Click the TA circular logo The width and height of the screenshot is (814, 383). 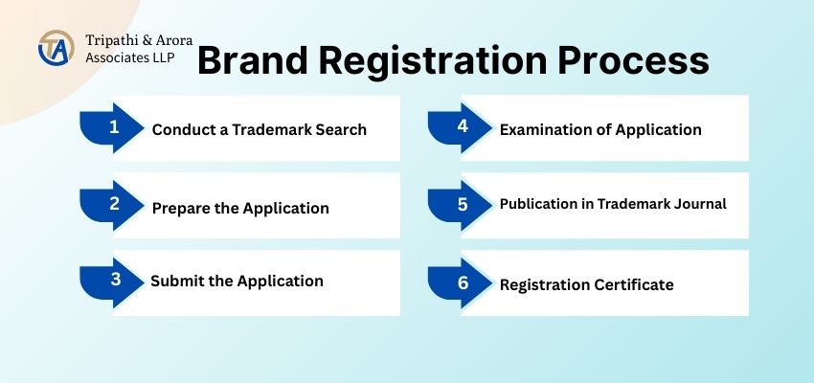57,48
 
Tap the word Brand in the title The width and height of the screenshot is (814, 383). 254,60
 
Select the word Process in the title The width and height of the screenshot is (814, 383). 633,60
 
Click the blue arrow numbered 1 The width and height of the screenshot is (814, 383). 112,127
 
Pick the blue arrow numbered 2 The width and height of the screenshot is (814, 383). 112,206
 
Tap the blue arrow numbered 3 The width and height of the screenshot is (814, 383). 112,282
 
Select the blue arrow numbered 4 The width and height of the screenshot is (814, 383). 460,127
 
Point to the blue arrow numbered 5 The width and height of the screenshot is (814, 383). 460,206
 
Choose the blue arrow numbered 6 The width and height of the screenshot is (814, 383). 460,282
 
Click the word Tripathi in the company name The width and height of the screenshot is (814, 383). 107,40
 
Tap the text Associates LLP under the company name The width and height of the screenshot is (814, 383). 130,57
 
